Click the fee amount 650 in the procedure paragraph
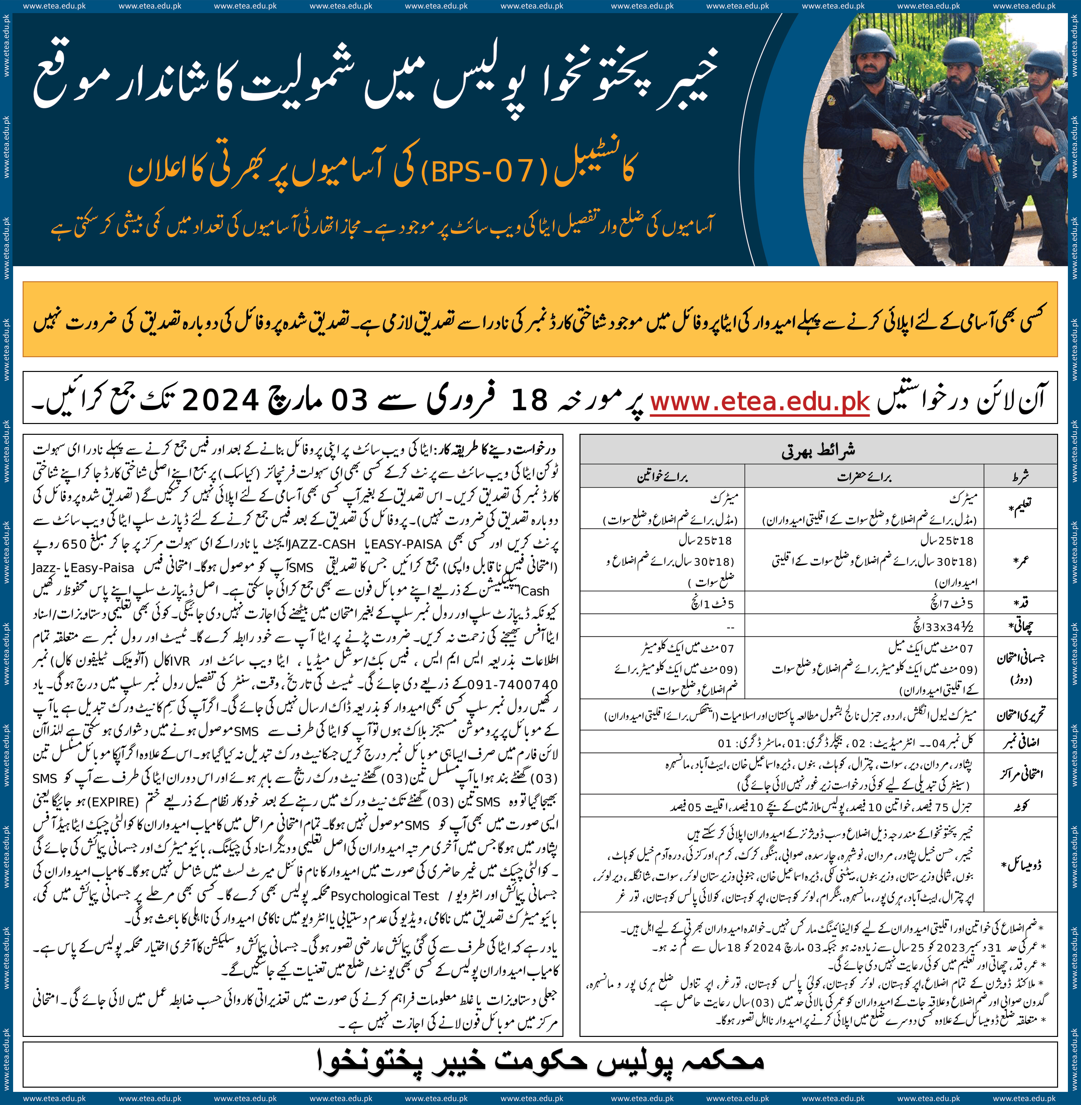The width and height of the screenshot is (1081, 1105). click(74, 544)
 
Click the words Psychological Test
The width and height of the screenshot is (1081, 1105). click(384, 895)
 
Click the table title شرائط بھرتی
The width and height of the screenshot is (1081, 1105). click(818, 451)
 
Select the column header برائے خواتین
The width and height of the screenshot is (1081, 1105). click(662, 476)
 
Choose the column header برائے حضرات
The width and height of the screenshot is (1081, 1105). click(864, 476)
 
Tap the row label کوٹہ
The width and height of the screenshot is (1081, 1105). click(1020, 806)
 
